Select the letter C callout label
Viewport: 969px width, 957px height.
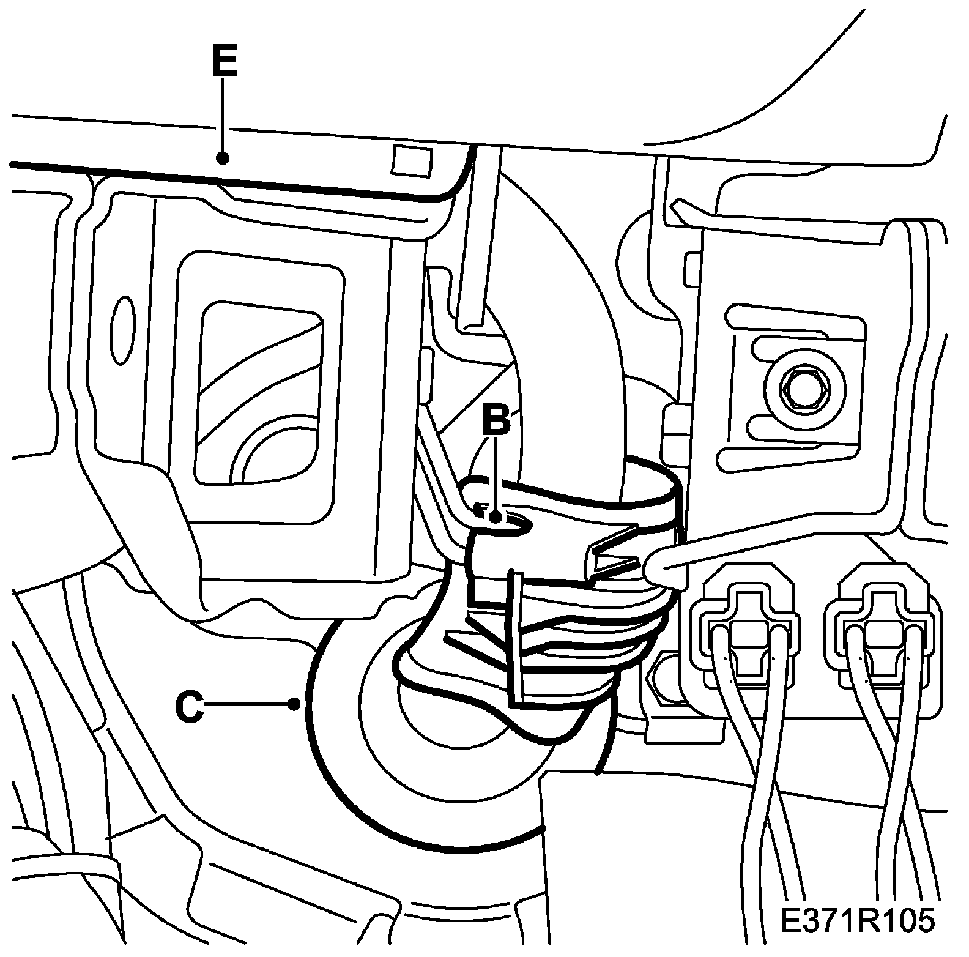tap(190, 707)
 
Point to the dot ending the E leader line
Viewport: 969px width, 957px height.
tap(223, 158)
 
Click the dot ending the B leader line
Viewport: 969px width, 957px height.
tap(497, 517)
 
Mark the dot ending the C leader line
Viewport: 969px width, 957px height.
tap(295, 706)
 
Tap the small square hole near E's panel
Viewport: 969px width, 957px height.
tap(411, 162)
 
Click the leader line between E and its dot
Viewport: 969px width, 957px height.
tap(223, 116)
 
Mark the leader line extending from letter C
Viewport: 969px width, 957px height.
tap(251, 706)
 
